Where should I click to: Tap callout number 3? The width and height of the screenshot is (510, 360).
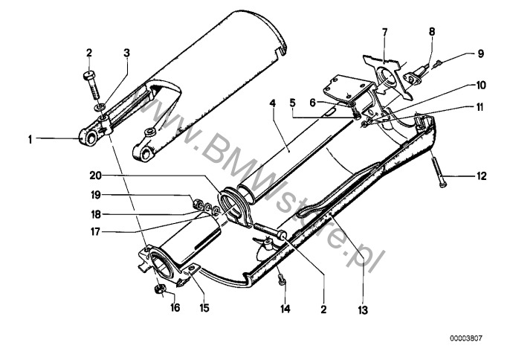pyautogui.click(x=127, y=53)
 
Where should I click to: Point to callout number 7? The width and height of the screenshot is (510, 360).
pyautogui.click(x=384, y=32)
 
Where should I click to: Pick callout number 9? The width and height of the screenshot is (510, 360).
pyautogui.click(x=480, y=54)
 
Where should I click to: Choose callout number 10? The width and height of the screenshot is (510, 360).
pyautogui.click(x=480, y=86)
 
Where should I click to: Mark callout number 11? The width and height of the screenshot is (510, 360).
pyautogui.click(x=480, y=107)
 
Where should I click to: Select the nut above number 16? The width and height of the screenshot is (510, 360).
pyautogui.click(x=158, y=287)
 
